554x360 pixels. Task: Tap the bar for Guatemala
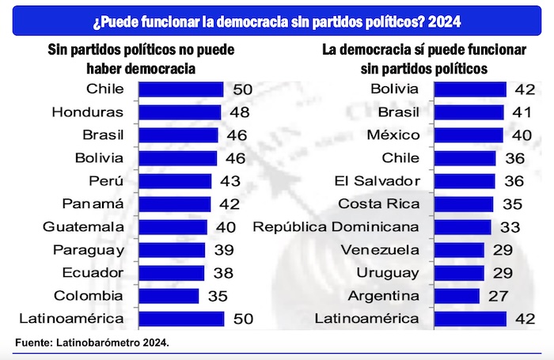pyautogui.click(x=173, y=227)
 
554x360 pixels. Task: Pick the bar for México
pyautogui.click(x=468, y=135)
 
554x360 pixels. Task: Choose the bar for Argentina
pyautogui.click(x=457, y=296)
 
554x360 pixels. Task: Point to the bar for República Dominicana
pyautogui.click(x=461, y=227)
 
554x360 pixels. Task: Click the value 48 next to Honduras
pyautogui.click(x=240, y=112)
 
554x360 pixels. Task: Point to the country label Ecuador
pyautogui.click(x=93, y=273)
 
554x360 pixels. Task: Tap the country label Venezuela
pyautogui.click(x=380, y=250)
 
